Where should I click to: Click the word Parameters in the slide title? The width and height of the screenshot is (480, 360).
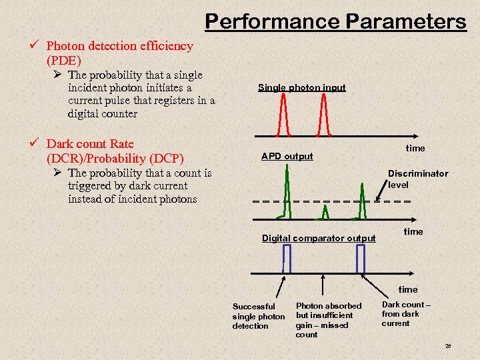pyautogui.click(x=405, y=21)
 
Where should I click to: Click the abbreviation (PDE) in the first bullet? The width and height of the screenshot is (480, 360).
pyautogui.click(x=63, y=61)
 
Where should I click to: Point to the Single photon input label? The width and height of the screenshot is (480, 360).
pyautogui.click(x=301, y=87)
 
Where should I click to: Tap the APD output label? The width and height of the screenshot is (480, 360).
pyautogui.click(x=287, y=156)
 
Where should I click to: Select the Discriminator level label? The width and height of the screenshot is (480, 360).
pyautogui.click(x=418, y=178)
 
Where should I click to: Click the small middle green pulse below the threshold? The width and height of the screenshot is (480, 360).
pyautogui.click(x=325, y=212)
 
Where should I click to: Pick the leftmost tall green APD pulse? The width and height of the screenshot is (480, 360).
pyautogui.click(x=287, y=193)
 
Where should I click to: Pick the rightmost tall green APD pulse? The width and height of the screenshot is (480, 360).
pyautogui.click(x=362, y=197)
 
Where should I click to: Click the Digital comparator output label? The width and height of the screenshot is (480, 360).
pyautogui.click(x=318, y=238)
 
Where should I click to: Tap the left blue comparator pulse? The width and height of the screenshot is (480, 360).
pyautogui.click(x=287, y=259)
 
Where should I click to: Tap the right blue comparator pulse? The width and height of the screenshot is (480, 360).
pyautogui.click(x=361, y=259)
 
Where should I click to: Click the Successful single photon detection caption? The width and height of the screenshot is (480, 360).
pyautogui.click(x=258, y=316)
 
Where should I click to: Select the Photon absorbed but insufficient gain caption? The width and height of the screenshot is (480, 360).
pyautogui.click(x=328, y=320)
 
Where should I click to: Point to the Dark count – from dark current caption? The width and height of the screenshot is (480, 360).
pyautogui.click(x=405, y=314)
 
